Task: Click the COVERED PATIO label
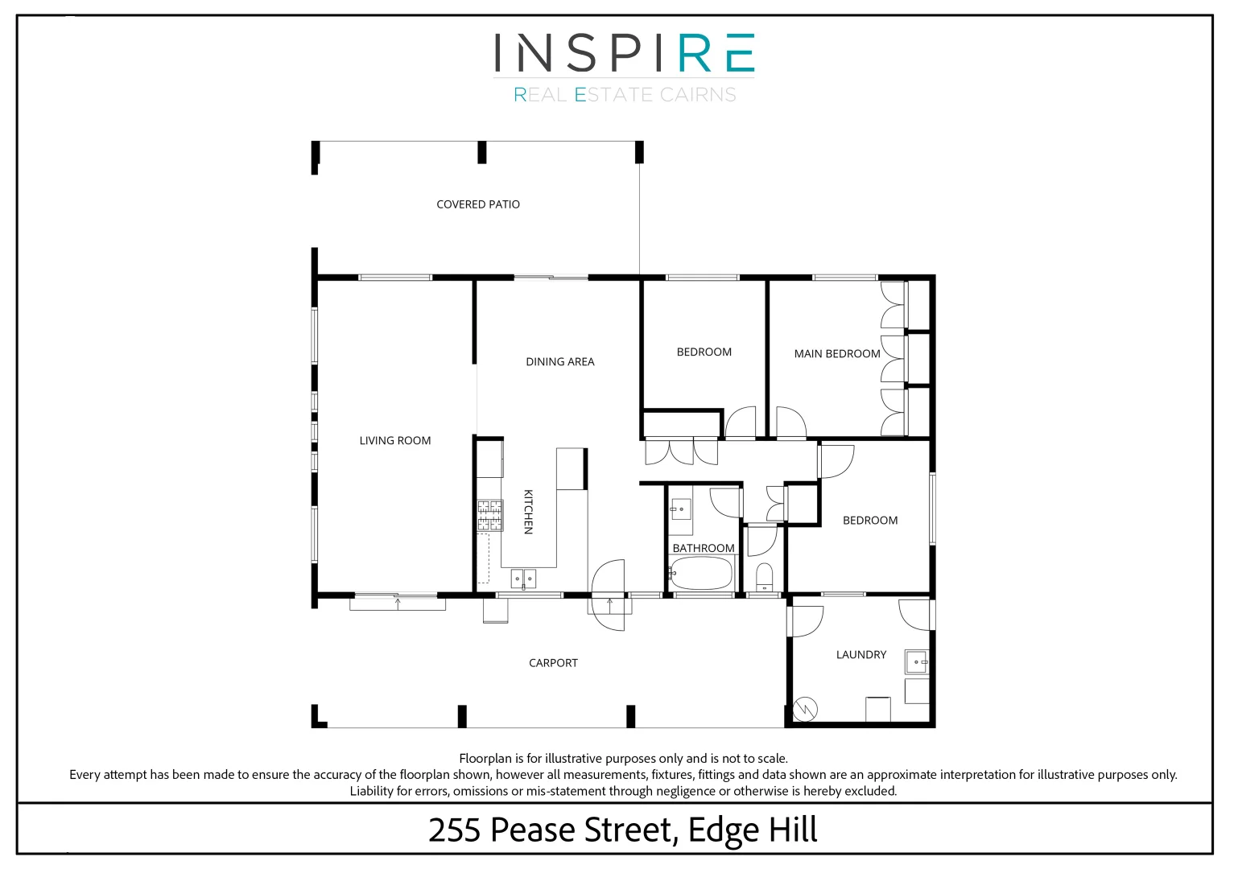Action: (477, 204)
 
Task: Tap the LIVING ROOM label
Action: (394, 440)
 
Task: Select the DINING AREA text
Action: (559, 362)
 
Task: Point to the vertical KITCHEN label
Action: (528, 512)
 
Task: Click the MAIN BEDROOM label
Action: (836, 353)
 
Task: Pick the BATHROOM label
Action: (703, 548)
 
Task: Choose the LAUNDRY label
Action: (860, 655)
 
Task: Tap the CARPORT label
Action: (553, 663)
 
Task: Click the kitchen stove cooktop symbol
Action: (489, 516)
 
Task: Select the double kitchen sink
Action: (523, 578)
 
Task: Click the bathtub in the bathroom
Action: (701, 573)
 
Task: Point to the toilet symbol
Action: (764, 577)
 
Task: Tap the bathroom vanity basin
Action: (681, 509)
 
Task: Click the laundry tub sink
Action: (916, 661)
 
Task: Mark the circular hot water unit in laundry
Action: (805, 709)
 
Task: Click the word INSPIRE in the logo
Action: (624, 53)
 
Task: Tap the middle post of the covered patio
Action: (482, 152)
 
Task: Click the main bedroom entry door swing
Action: (790, 422)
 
